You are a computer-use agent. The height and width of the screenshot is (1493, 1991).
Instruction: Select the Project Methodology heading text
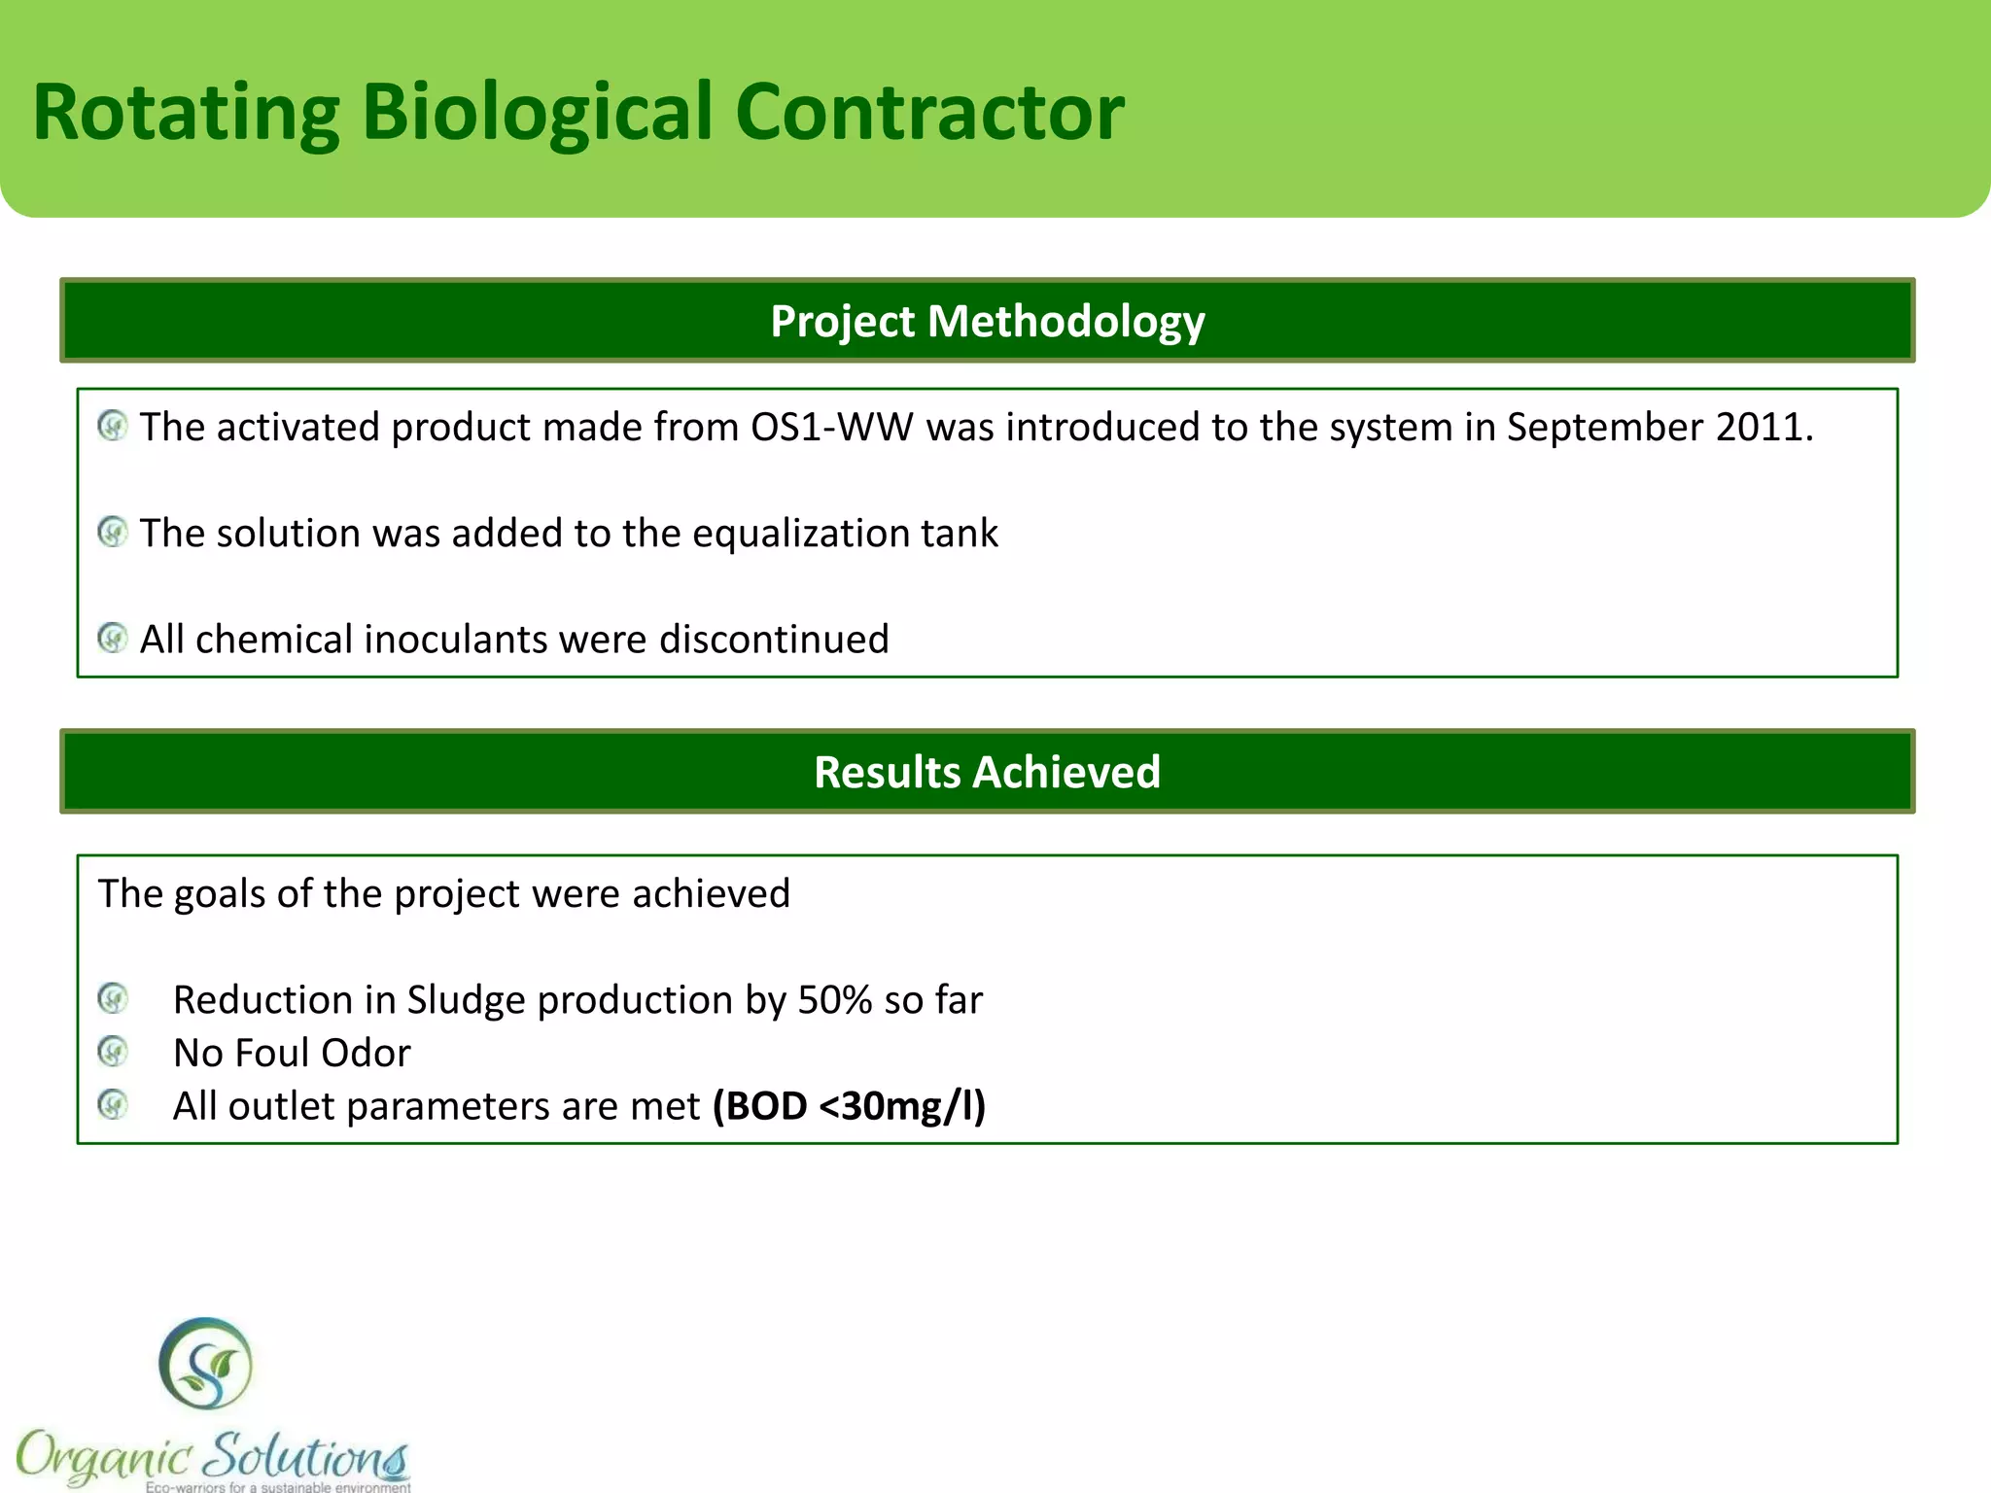click(x=987, y=321)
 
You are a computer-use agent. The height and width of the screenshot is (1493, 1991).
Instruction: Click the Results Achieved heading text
click(x=987, y=772)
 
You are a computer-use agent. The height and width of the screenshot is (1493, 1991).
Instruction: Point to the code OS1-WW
click(x=831, y=428)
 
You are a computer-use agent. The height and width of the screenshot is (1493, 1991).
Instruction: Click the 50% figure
click(x=834, y=1000)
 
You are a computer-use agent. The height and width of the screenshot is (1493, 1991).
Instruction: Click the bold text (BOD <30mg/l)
click(x=849, y=1106)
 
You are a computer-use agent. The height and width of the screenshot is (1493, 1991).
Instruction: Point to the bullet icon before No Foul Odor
click(x=113, y=1051)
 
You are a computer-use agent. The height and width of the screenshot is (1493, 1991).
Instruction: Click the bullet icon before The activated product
click(x=113, y=426)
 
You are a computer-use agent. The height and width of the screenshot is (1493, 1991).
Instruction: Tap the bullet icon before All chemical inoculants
click(x=113, y=638)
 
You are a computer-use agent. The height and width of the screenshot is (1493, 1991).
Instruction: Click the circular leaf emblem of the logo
click(x=205, y=1364)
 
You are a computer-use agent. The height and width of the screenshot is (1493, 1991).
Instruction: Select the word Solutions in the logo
click(x=307, y=1456)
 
